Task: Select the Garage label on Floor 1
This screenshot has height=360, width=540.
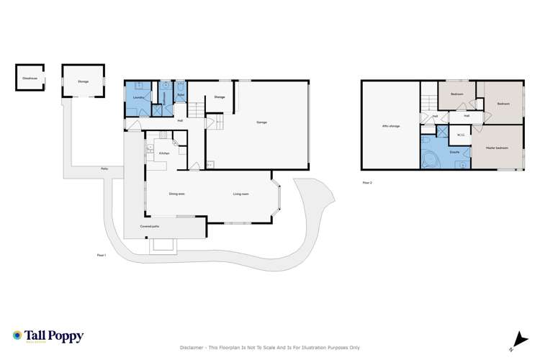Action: pyautogui.click(x=261, y=122)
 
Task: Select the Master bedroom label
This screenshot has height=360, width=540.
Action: pyautogui.click(x=498, y=148)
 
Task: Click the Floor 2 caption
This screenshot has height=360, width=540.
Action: pyautogui.click(x=367, y=183)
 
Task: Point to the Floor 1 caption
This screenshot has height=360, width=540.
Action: pyautogui.click(x=101, y=254)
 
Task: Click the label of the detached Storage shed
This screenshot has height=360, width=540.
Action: pyautogui.click(x=84, y=81)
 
